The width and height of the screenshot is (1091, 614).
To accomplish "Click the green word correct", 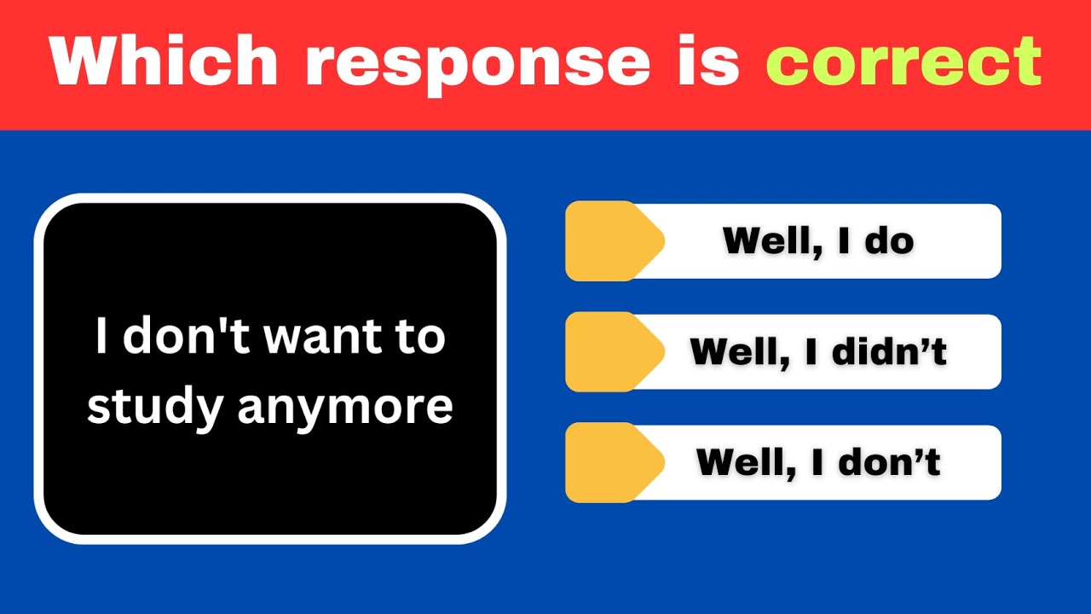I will (x=903, y=61).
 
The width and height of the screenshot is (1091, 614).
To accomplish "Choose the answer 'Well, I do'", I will (x=818, y=241).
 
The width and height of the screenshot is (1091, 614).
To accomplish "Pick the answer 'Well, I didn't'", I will (x=818, y=352).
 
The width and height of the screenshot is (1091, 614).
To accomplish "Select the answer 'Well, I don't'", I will (x=818, y=463).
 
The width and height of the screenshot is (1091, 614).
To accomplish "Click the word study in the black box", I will (x=155, y=408).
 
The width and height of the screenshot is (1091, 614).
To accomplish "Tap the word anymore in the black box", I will (x=345, y=408).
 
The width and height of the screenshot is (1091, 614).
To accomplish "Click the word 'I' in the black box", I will (x=101, y=338).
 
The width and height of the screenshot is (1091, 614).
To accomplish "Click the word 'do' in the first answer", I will (x=888, y=241).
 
